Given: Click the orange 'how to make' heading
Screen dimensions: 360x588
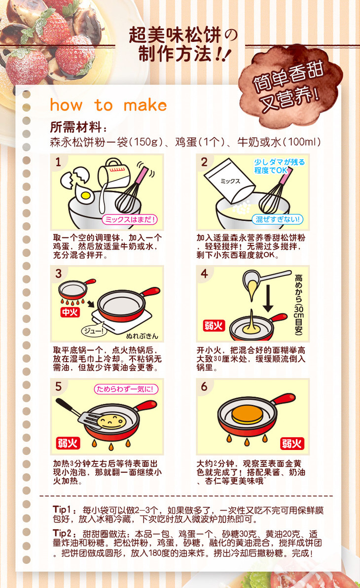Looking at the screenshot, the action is point(108,105).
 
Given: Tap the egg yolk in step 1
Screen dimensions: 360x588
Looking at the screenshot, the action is point(86,195).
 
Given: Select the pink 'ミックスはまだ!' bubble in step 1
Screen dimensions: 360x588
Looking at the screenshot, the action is point(130,219).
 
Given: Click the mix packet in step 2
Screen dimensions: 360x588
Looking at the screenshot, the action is point(229,180).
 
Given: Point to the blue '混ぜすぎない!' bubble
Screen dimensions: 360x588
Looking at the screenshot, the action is point(278,219).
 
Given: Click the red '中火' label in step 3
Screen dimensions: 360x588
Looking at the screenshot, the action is point(70,312).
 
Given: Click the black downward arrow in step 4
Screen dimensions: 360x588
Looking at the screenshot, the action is point(268,299).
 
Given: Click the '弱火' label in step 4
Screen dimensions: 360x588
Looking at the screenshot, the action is point(214,325).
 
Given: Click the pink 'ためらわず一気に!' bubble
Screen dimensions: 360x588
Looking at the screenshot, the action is point(126,389).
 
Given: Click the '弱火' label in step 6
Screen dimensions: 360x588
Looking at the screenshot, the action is point(292,444).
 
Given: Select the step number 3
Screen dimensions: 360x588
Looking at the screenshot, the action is point(58,274).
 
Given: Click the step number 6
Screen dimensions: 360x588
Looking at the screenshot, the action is point(204,386).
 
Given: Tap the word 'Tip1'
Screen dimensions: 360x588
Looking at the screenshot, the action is point(62,509).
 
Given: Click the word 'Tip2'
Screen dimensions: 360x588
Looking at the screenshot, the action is point(62,533).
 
